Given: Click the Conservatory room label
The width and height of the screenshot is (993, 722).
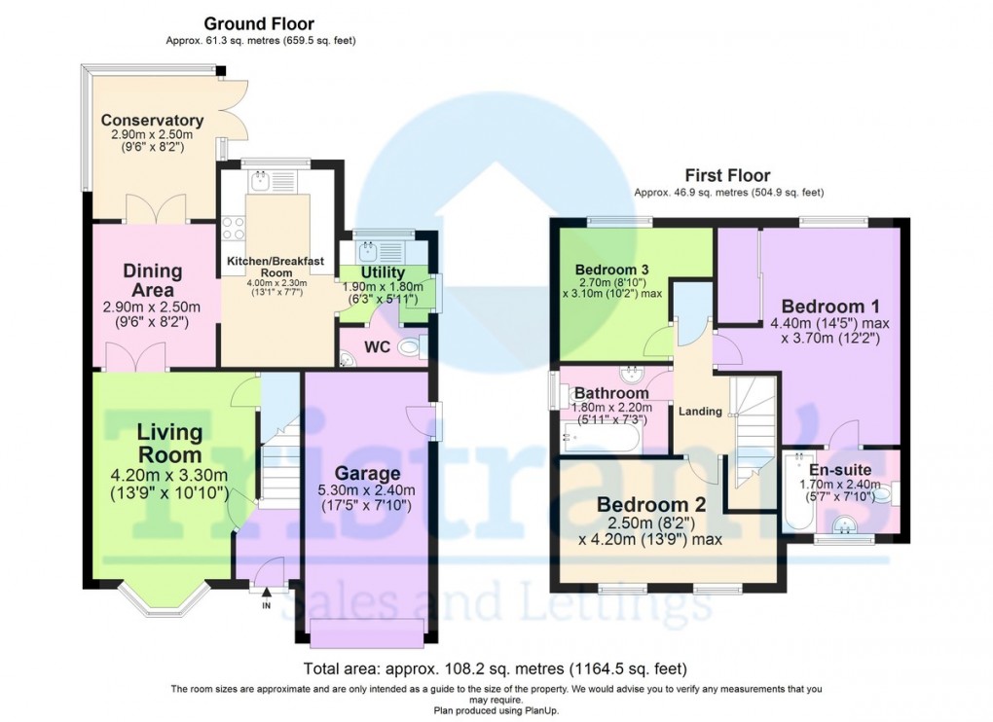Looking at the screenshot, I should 152,121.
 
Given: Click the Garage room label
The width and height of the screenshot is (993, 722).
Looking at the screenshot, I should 368,473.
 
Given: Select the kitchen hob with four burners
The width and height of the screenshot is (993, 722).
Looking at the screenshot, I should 234,228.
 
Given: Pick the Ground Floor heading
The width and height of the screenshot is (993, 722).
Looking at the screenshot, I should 258,23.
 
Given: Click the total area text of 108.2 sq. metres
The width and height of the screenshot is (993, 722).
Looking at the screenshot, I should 496,668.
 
